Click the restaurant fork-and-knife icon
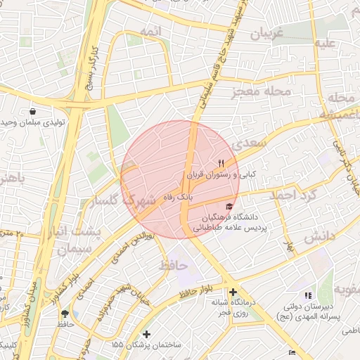tap(221, 162)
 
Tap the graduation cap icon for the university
tap(229, 206)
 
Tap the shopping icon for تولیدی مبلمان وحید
tap(32, 111)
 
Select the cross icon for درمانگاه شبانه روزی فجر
tap(233, 292)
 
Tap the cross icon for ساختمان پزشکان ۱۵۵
tap(146, 334)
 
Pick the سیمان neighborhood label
tap(76, 248)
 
